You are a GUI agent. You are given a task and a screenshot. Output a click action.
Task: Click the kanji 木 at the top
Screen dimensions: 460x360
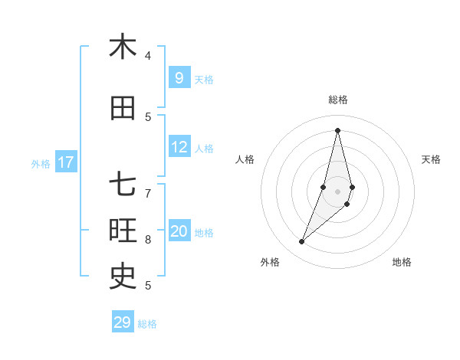coord(123,47)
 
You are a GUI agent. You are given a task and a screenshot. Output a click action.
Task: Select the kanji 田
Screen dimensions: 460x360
coord(123,109)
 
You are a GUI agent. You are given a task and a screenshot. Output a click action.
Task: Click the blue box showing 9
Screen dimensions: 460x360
coord(179,77)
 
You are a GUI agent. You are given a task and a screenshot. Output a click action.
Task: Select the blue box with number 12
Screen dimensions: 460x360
coord(179,147)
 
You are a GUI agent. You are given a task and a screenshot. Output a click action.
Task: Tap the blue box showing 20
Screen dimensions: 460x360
coord(179,231)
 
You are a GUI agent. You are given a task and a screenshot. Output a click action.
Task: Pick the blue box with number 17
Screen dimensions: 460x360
coord(66,162)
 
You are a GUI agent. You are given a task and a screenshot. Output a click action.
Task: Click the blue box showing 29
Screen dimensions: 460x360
coord(123,322)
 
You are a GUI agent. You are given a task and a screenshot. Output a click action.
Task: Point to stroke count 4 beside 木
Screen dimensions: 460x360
coord(148,56)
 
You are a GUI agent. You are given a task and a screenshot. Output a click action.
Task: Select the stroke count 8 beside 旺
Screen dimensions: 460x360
coord(148,240)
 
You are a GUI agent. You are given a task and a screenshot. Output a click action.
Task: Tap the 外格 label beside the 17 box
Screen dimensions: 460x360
coord(41,163)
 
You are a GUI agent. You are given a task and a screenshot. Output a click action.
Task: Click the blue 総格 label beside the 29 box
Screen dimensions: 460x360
coord(147,324)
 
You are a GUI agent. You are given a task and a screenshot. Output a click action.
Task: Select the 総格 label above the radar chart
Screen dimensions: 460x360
coord(337,100)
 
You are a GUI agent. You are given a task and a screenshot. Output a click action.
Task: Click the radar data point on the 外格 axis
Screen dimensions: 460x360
coord(302,242)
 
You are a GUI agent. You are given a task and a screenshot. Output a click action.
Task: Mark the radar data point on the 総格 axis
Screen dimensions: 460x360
coord(337,130)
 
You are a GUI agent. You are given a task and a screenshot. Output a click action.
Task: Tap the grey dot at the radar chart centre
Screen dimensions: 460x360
coord(337,191)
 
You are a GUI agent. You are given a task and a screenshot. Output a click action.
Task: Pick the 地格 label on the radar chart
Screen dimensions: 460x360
coord(402,262)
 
